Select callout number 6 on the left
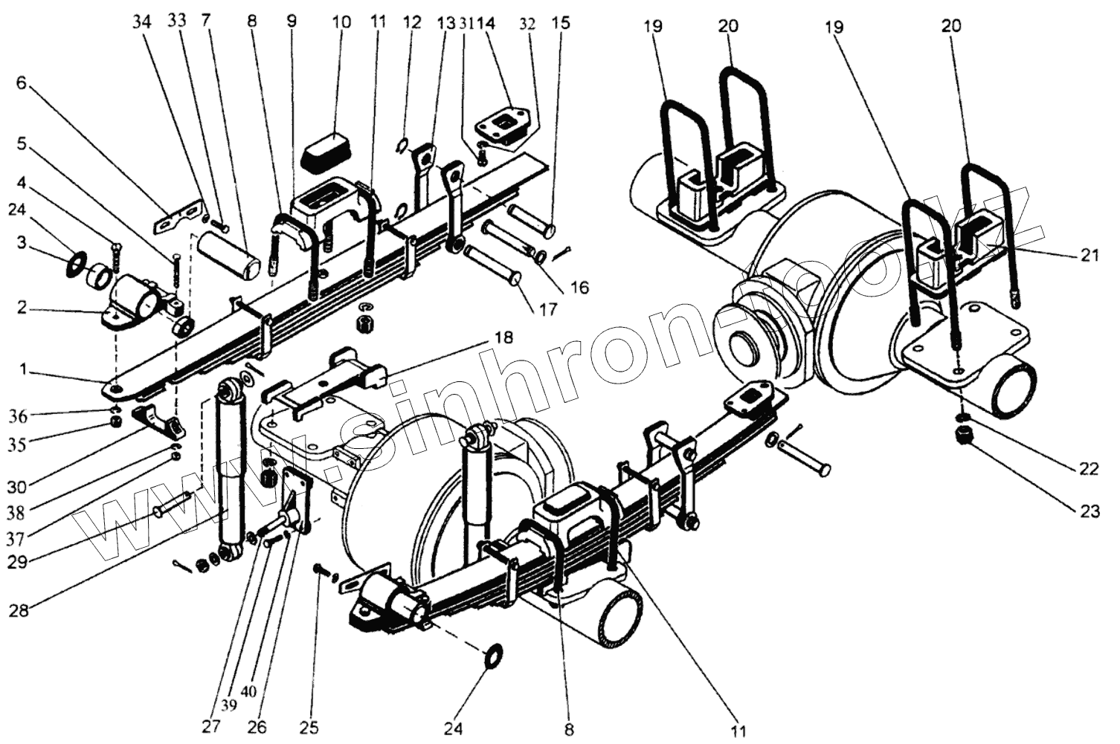tap(21, 83)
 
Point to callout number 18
tap(503, 338)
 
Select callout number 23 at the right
tap(1089, 511)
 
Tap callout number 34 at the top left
tap(141, 22)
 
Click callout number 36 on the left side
tap(18, 417)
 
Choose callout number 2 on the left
tap(22, 307)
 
